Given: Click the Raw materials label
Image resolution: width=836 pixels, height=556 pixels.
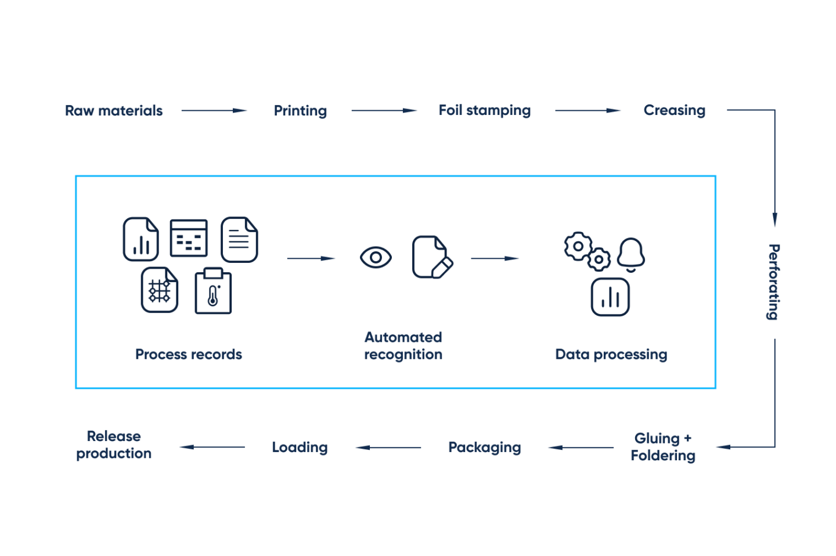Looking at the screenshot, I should tap(114, 110).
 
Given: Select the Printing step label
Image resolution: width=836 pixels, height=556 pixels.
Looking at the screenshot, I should tap(300, 110).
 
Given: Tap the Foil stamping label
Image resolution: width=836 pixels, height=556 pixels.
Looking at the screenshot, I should tap(484, 110).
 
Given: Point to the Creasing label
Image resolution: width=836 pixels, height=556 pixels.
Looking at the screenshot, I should tap(674, 110).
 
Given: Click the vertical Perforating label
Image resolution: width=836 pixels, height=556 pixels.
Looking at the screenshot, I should tap(773, 282).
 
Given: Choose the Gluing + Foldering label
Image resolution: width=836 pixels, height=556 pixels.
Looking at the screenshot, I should tap(663, 447).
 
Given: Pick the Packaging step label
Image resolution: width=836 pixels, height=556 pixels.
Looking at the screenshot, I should tap(484, 447).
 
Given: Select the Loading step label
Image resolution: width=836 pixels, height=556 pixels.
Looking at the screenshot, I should tap(300, 447).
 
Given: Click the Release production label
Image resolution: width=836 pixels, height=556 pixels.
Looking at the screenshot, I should tap(114, 445).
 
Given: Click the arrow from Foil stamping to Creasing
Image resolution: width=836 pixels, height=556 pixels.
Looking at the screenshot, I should tap(587, 110).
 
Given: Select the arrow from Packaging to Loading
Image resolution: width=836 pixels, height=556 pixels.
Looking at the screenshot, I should tap(388, 447).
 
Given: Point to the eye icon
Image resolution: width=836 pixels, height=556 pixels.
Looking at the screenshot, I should tap(376, 257).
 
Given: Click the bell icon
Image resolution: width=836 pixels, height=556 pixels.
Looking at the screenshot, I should tap(631, 254).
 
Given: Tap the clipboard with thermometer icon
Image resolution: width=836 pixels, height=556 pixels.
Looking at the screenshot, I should tap(213, 291).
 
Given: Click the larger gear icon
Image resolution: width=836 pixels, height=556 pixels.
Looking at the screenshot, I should tap(578, 246).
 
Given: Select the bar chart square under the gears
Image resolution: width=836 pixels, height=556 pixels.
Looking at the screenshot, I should tap(610, 297).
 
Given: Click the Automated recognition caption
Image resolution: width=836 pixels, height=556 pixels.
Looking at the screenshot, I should tap(403, 346).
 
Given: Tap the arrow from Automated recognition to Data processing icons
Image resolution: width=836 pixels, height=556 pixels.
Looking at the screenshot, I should tap(495, 258).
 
